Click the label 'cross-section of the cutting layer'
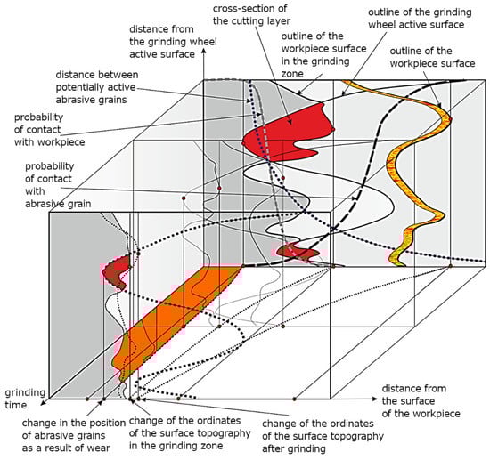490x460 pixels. (251, 14)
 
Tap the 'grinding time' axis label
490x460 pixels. (25, 399)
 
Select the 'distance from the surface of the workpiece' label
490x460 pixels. (421, 401)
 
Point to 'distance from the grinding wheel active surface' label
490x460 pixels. (173, 42)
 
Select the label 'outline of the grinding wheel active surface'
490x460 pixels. (420, 19)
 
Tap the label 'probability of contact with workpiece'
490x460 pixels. (49, 130)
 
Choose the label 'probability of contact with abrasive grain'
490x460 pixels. (58, 185)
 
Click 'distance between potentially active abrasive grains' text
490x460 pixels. (97, 87)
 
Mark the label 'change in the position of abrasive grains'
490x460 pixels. (74, 429)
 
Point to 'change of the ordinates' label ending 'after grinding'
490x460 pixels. (323, 436)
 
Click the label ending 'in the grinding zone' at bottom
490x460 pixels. (190, 432)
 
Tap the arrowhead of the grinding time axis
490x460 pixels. (44, 402)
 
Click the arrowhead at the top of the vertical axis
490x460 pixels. (204, 53)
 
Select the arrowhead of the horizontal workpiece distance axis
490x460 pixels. (375, 399)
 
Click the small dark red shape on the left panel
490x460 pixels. (116, 271)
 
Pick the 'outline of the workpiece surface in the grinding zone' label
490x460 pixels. (323, 54)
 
